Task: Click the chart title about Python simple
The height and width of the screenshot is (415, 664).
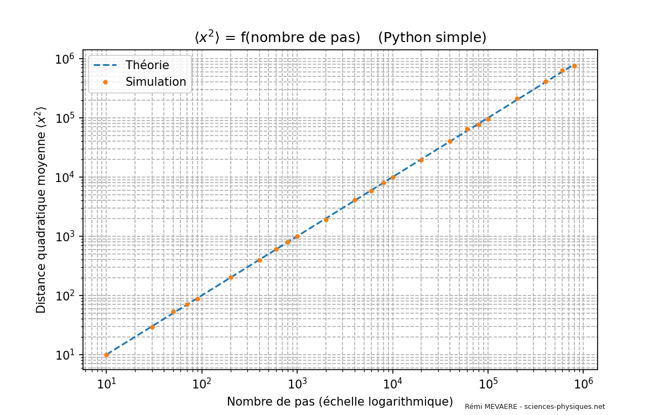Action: [x=340, y=37]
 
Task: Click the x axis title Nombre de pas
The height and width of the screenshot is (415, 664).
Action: [x=340, y=401]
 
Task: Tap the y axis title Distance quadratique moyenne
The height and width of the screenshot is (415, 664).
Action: [x=41, y=210]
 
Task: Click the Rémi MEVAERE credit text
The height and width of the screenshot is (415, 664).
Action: [x=535, y=407]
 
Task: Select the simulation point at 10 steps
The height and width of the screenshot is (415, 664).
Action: [x=106, y=355]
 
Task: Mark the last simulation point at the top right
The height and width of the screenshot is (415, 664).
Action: [x=574, y=66]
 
